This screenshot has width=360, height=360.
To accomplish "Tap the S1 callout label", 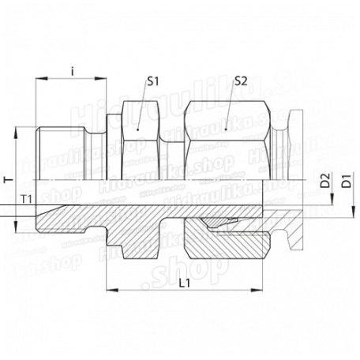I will (152, 81).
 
